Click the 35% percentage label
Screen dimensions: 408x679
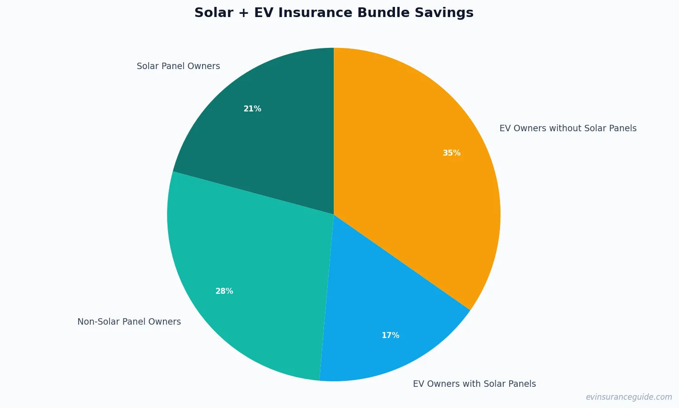[x=452, y=153]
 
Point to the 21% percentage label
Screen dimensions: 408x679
[x=252, y=109]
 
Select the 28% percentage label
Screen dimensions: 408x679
[x=224, y=291]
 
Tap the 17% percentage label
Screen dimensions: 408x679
[x=390, y=335]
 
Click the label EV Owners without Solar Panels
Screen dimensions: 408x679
[x=568, y=128]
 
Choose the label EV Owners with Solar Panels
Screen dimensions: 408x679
[x=474, y=384]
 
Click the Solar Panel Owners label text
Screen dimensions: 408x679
[x=178, y=66]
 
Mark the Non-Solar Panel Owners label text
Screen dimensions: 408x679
[x=129, y=322]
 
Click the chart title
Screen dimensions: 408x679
[x=334, y=13]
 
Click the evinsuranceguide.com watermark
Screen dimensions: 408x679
[x=628, y=397]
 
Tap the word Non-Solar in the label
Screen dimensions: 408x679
[x=95, y=322]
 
